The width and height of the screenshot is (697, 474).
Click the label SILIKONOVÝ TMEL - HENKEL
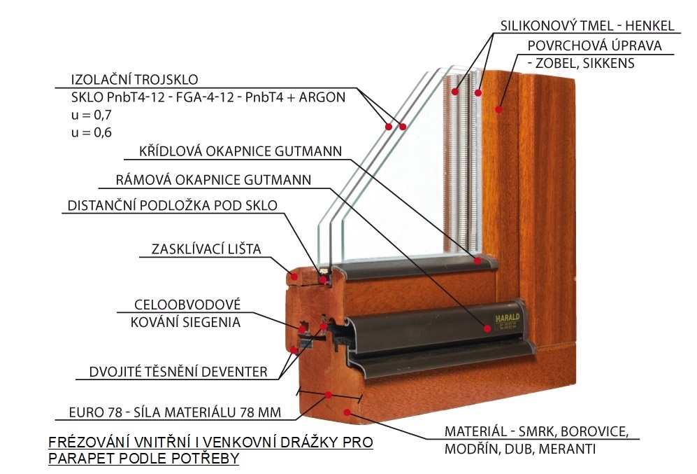coord(587,26)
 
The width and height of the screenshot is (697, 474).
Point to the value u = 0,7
coord(91,114)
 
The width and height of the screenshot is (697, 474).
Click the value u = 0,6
coord(91,132)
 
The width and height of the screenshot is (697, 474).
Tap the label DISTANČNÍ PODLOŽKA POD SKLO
coord(172,206)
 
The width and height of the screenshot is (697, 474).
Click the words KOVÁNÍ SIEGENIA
coord(185,322)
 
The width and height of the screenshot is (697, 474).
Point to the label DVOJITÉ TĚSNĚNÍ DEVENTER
coord(178,372)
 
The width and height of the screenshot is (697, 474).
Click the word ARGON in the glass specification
coord(322,97)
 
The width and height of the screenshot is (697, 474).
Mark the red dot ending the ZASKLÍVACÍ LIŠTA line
coord(294,277)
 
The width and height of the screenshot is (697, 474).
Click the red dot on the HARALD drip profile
coord(486,327)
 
